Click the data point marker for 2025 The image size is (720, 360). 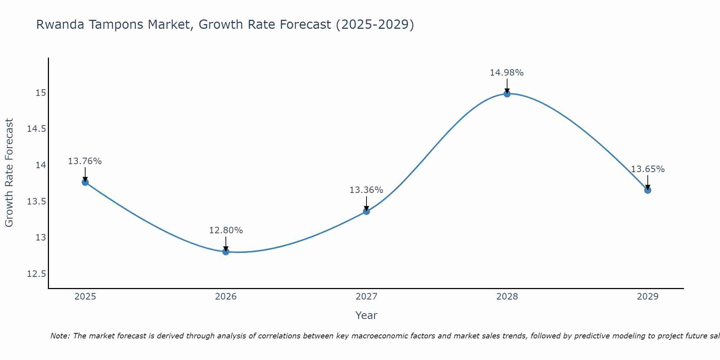pos(85,182)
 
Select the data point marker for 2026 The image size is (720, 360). pos(226,252)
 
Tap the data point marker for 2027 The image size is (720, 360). pos(366,211)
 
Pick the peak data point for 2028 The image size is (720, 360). pos(507,94)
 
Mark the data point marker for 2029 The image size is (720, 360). pos(648,190)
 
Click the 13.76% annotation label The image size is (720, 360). pos(85,161)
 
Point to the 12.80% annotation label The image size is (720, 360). pos(226,230)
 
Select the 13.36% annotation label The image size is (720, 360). pos(366,190)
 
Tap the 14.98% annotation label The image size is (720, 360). pos(507,73)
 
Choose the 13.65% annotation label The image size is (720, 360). pos(648,169)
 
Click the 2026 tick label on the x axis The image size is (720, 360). pos(226,297)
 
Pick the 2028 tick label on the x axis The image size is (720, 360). pos(507,297)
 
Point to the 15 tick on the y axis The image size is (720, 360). pos(41,93)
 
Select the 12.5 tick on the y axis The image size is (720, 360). pos(36,274)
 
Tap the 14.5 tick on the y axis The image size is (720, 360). pos(36,129)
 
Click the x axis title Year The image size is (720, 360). pos(366,315)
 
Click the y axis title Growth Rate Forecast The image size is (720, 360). pos(9,173)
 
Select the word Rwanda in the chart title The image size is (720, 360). pos(61,25)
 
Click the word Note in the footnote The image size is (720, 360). pos(60,336)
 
